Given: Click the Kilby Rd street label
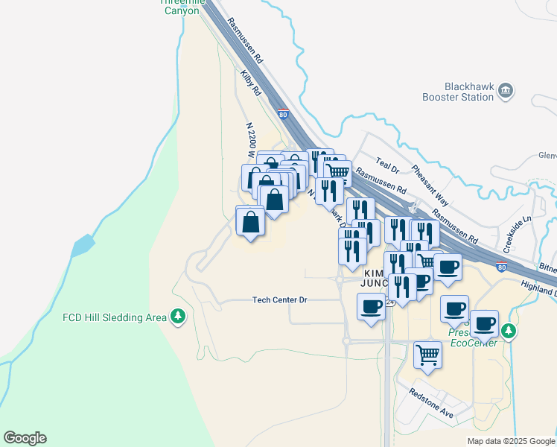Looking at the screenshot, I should tap(250, 82).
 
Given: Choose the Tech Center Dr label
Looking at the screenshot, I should tap(280, 299).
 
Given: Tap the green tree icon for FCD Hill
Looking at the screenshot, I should tap(177, 317).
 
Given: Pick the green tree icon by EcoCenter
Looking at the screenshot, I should tap(509, 330).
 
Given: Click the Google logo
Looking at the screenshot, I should tap(25, 438).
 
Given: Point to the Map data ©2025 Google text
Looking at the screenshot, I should tap(511, 441).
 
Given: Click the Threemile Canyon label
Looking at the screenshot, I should tap(179, 7).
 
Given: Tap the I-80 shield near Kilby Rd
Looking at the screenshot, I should tap(283, 115).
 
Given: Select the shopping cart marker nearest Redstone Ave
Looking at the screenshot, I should tap(427, 353).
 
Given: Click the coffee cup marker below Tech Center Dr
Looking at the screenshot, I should tap(371, 306).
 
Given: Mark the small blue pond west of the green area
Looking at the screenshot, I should tap(84, 244).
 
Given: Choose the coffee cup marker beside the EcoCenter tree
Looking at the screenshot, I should tap(484, 324).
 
